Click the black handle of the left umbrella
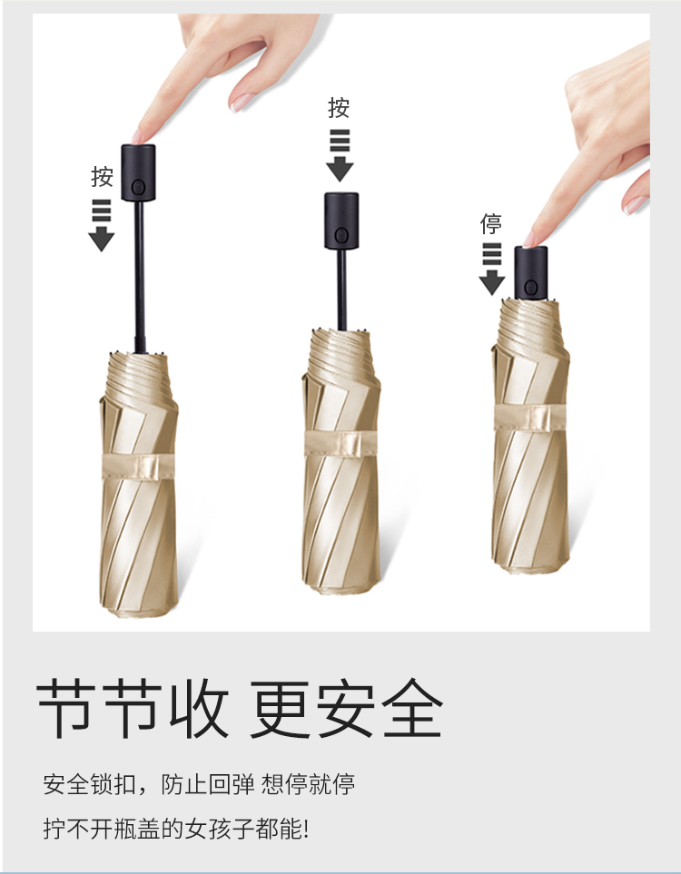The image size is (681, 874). [138, 172]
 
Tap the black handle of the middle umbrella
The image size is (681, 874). [341, 221]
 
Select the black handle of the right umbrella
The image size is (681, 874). [531, 272]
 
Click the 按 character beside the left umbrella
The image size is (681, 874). [102, 177]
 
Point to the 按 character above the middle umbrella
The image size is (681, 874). [339, 108]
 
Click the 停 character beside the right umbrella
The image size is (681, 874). [491, 223]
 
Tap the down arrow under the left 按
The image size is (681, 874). [102, 225]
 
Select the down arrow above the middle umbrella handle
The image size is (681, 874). [340, 155]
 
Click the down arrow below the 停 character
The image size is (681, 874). [492, 270]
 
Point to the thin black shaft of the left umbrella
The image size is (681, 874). [140, 277]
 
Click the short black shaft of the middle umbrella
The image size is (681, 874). [342, 290]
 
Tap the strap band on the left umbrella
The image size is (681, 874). [138, 466]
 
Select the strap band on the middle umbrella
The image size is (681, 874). [340, 444]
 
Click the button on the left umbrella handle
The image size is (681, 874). [138, 187]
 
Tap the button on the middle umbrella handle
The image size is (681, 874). [341, 235]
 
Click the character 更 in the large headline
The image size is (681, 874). [279, 709]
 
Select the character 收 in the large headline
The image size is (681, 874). [199, 709]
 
